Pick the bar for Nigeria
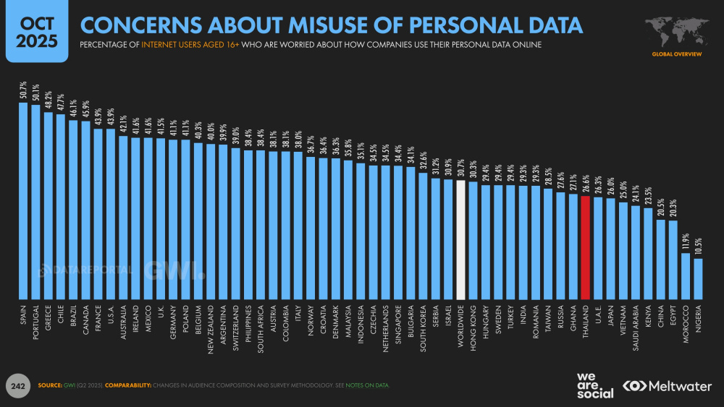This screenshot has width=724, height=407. pyautogui.click(x=698, y=278)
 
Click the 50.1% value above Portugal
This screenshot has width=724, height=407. pyautogui.click(x=35, y=93)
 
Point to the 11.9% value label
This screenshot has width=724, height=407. pyautogui.click(x=686, y=241)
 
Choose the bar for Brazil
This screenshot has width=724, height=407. pyautogui.click(x=72, y=210)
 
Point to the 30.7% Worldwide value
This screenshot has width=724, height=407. pyautogui.click(x=460, y=169)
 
